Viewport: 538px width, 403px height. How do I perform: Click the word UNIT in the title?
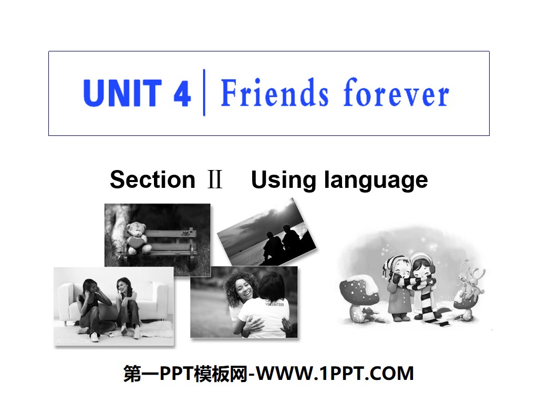pos(121,93)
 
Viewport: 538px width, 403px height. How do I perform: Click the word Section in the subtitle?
pos(152,180)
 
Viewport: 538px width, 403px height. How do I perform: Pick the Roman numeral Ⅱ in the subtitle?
pos(214,180)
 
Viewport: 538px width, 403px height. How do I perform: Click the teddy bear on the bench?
pos(138,237)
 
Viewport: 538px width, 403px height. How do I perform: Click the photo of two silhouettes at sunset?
pos(267,232)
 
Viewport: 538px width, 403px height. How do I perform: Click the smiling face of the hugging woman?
pos(239,291)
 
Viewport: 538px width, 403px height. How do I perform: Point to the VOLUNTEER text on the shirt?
pos(275,303)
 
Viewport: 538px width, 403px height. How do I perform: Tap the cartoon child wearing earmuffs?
pos(420,273)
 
